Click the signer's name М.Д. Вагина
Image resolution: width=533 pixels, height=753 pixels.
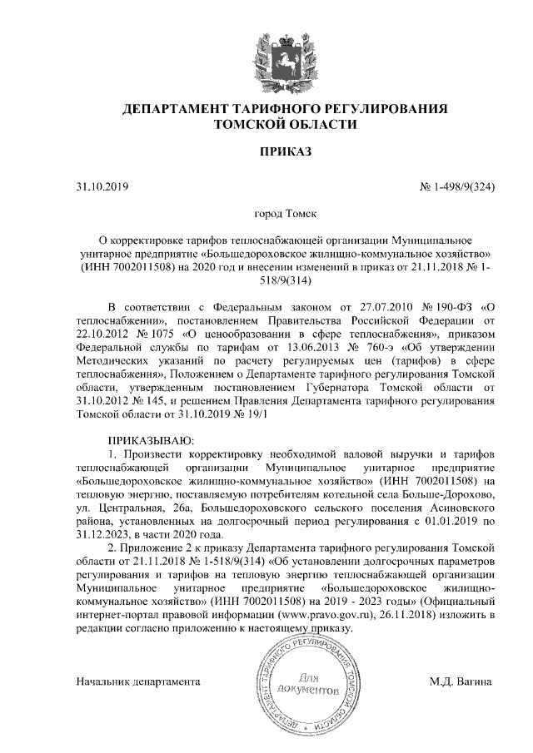[x=460, y=681]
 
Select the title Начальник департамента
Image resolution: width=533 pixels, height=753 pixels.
[x=138, y=681]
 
